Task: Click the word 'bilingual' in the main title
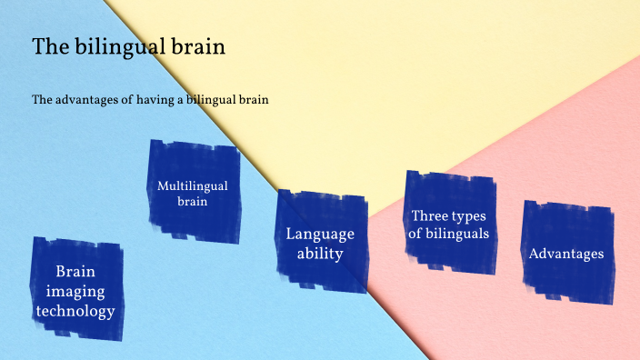[x=116, y=47]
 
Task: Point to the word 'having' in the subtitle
[x=155, y=99]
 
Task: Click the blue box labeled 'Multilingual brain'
[x=193, y=192]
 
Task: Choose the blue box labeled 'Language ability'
[x=320, y=243]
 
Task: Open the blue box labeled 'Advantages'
[x=566, y=253]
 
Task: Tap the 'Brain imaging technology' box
[x=75, y=290]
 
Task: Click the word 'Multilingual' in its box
[x=193, y=185]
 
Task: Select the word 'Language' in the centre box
[x=320, y=234]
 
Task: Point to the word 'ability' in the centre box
[x=320, y=254]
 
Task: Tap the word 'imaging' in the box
[x=75, y=291]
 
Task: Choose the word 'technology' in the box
[x=75, y=311]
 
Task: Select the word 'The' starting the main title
[x=49, y=47]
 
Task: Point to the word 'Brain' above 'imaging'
[x=75, y=271]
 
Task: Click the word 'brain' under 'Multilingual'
[x=193, y=202]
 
